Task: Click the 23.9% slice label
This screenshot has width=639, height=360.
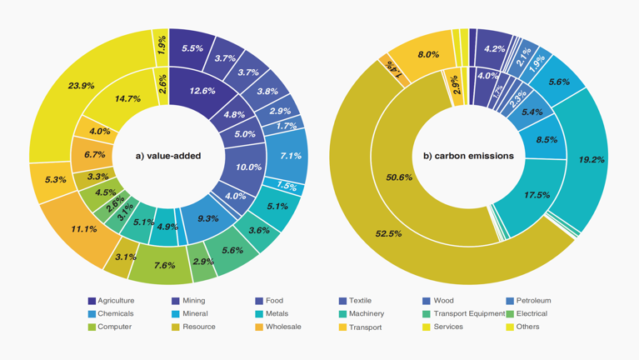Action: [81, 85]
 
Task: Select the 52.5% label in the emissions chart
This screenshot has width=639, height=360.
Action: [388, 234]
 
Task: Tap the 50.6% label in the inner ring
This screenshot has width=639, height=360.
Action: [398, 177]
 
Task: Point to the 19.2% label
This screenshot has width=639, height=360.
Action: [592, 159]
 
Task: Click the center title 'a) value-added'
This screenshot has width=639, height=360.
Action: [168, 156]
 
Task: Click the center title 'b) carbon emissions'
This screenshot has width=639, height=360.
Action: [468, 156]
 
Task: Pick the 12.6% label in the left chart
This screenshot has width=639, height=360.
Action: [202, 91]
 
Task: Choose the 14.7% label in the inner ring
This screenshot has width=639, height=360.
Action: [127, 98]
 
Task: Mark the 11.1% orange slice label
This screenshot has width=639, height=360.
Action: [84, 228]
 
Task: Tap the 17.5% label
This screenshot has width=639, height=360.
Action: [537, 195]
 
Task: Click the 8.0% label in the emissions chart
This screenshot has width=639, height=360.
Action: [428, 55]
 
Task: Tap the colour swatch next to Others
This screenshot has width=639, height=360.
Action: [511, 327]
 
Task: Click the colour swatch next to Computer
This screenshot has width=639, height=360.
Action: [92, 327]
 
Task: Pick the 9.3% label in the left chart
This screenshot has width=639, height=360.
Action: [208, 218]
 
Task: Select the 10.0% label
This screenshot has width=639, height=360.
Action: [248, 167]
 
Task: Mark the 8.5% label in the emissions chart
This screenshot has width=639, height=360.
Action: [547, 140]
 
